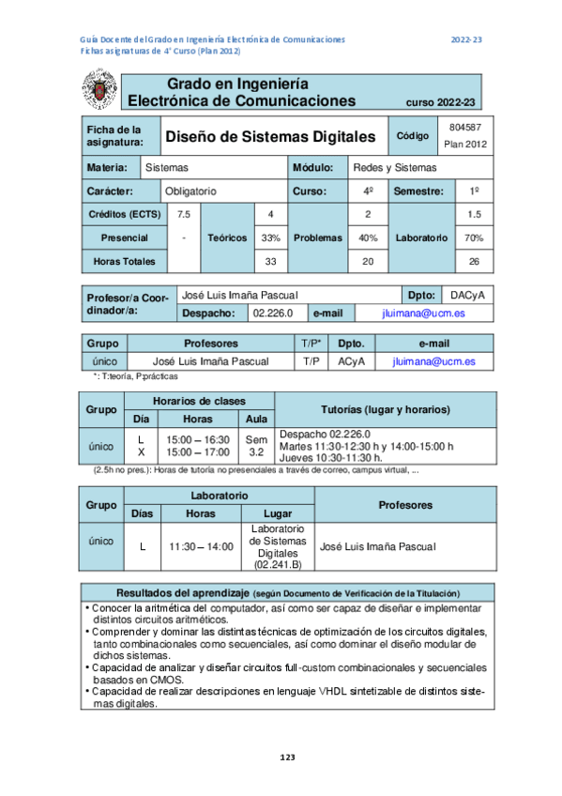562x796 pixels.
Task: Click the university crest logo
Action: (97, 91)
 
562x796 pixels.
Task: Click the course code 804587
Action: (465, 127)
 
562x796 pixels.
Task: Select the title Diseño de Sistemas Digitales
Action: (270, 137)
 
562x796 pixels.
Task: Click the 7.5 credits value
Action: (184, 214)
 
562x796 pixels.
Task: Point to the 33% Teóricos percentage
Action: (271, 237)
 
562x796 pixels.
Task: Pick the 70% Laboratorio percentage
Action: (474, 237)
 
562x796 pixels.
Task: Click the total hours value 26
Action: (474, 261)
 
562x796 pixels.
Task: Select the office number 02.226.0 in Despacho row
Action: (274, 313)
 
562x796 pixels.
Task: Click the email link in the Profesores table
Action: (433, 360)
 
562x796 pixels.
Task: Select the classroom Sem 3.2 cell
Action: (256, 445)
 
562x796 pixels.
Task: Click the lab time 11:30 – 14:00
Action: (201, 545)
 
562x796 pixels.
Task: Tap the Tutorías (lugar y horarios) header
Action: (385, 410)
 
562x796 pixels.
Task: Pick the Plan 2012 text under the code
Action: (465, 145)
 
